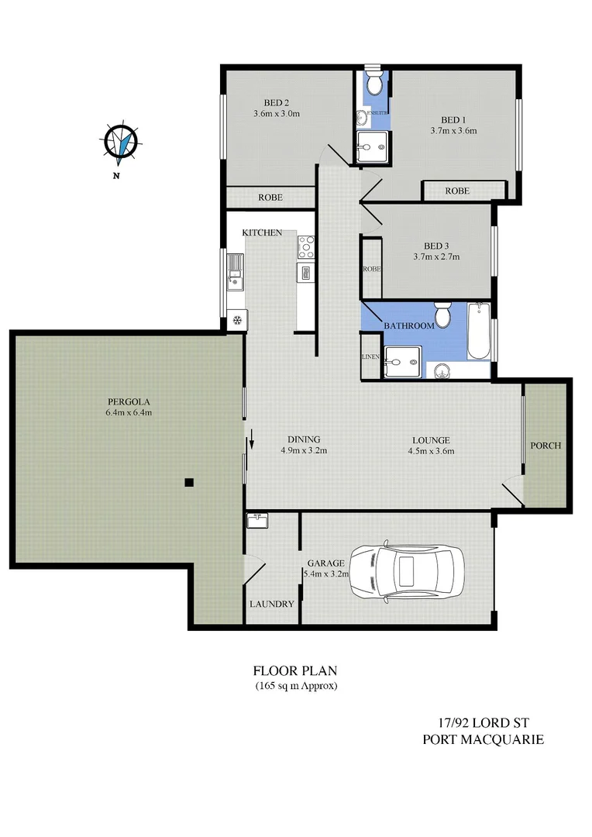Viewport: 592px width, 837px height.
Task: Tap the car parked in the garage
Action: click(x=406, y=571)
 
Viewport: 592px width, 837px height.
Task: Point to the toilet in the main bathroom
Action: click(x=442, y=316)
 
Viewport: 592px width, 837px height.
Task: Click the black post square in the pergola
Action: click(x=188, y=483)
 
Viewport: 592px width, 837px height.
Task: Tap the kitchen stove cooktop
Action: click(x=305, y=246)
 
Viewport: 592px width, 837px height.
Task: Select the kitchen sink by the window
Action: click(x=233, y=273)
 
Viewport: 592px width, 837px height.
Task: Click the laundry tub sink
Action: click(x=257, y=520)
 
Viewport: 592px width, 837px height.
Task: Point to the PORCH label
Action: click(x=546, y=446)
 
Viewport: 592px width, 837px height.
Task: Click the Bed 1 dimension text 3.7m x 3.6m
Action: click(x=453, y=130)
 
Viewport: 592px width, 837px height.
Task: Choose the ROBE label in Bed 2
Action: click(x=270, y=198)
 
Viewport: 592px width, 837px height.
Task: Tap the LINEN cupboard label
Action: click(x=370, y=357)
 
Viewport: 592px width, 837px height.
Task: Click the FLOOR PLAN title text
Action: click(x=295, y=670)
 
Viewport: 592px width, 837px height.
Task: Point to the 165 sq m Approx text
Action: click(x=295, y=686)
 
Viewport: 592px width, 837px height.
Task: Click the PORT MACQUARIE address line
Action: click(x=482, y=739)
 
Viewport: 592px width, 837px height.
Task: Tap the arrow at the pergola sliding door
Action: click(x=251, y=443)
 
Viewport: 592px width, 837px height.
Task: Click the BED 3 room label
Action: click(x=438, y=246)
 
